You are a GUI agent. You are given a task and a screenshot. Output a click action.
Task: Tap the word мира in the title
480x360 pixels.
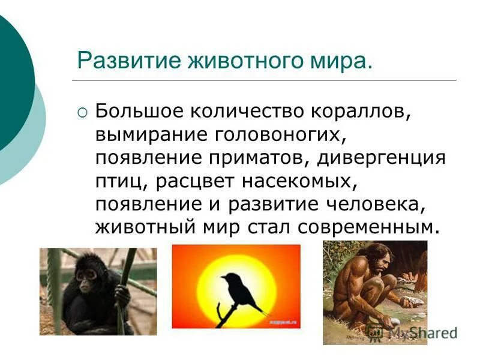(x=344, y=61)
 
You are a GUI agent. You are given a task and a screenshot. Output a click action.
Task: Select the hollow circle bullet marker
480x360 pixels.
(x=82, y=112)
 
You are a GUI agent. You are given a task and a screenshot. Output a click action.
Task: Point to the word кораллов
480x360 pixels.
(x=358, y=112)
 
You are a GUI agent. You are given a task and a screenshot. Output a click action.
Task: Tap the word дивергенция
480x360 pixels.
(x=382, y=158)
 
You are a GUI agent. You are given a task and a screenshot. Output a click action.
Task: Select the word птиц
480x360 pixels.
(x=115, y=181)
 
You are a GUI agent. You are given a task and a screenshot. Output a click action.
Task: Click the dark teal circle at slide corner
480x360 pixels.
(x=12, y=78)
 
